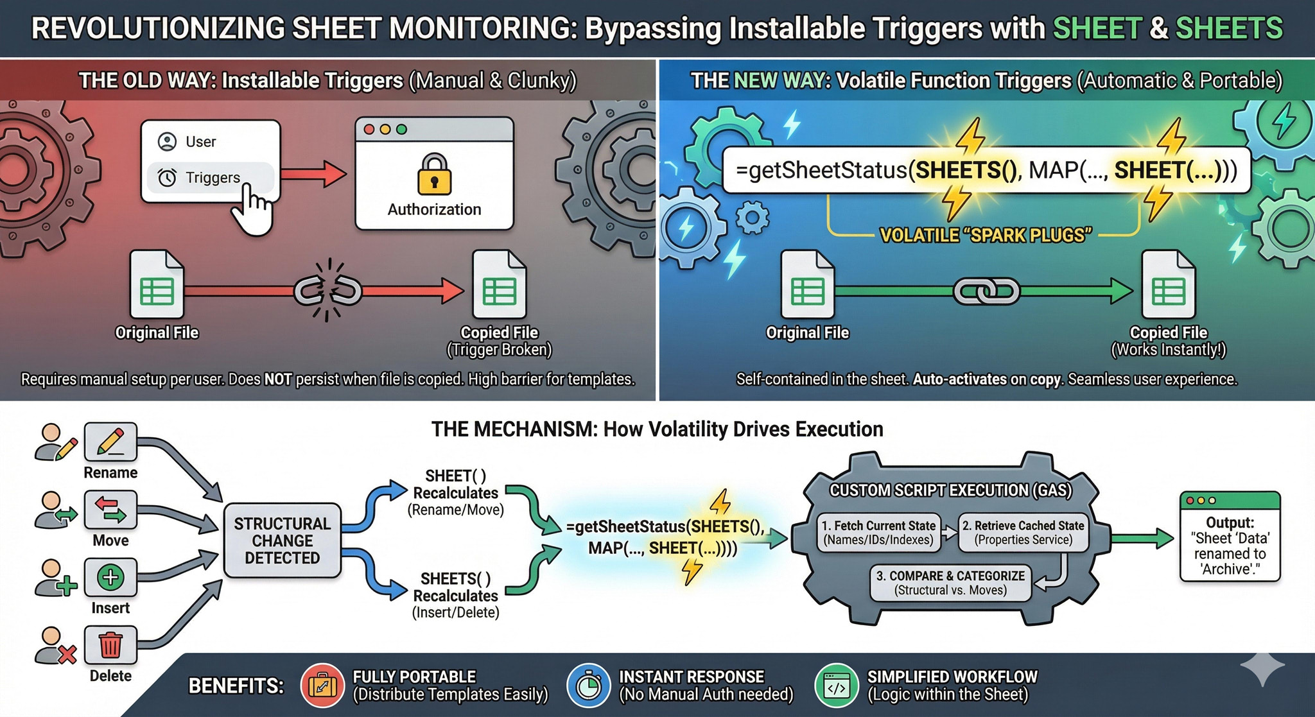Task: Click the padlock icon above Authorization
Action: pos(434,174)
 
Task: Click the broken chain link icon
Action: pos(328,291)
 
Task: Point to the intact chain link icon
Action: pos(986,291)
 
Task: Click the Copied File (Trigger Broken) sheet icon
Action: pos(500,284)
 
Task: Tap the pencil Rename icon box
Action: pos(110,442)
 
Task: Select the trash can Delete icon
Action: pos(110,644)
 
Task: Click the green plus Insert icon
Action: pos(110,577)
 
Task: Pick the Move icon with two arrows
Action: pos(110,510)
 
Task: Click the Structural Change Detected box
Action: pos(282,540)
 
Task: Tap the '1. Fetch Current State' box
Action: pos(878,532)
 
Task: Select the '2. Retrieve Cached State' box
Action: pos(1023,532)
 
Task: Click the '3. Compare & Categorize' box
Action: pos(950,582)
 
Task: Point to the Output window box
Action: pos(1230,537)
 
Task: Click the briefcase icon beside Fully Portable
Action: pos(322,686)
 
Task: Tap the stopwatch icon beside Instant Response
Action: pos(588,686)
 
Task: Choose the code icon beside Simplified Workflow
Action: pos(837,686)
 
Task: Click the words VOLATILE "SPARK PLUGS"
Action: pos(985,236)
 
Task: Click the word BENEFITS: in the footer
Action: pos(236,686)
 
